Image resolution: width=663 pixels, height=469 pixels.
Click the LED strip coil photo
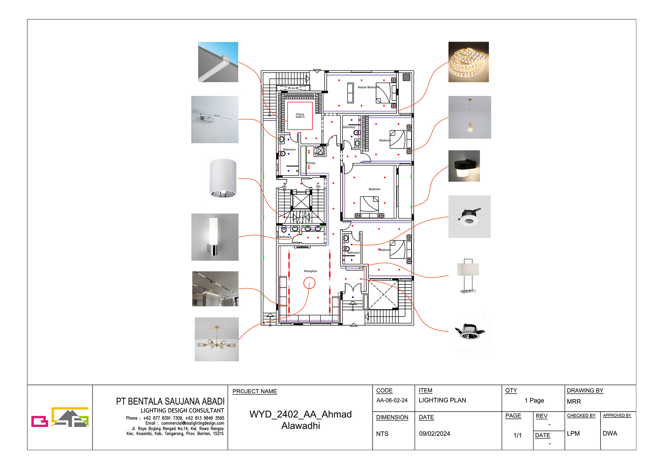pyautogui.click(x=468, y=62)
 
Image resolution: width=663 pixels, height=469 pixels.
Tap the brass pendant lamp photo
pyautogui.click(x=469, y=117)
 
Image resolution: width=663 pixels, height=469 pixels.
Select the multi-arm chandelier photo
pyautogui.click(x=217, y=339)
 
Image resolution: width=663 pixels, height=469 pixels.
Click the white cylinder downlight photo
pyautogui.click(x=223, y=178)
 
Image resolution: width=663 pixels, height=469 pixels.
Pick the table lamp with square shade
pyautogui.click(x=468, y=275)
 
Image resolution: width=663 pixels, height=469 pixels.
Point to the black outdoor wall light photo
pyautogui.click(x=464, y=166)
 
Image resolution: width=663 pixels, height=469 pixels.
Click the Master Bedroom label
pyautogui.click(x=368, y=87)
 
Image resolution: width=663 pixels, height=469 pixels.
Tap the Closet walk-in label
pyautogui.click(x=300, y=116)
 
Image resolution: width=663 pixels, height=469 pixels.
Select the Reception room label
pyautogui.click(x=310, y=271)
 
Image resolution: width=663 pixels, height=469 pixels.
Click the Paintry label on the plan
pyautogui.click(x=311, y=163)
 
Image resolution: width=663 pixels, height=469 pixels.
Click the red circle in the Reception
pyautogui.click(x=309, y=283)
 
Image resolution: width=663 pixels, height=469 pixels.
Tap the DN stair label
pyautogui.click(x=318, y=187)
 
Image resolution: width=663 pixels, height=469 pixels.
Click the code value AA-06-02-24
pyautogui.click(x=392, y=400)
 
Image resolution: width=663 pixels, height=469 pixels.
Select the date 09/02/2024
pyautogui.click(x=434, y=434)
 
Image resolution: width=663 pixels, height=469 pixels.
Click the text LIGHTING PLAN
pyautogui.click(x=442, y=400)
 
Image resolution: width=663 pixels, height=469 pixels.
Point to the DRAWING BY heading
pyautogui.click(x=585, y=391)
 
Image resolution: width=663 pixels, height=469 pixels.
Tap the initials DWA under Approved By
pyautogui.click(x=609, y=433)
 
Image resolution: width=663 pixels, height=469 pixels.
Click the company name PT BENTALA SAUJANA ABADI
pyautogui.click(x=170, y=402)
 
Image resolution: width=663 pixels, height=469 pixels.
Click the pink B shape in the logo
pyautogui.click(x=39, y=421)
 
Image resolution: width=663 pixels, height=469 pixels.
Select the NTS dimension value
pyautogui.click(x=382, y=434)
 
